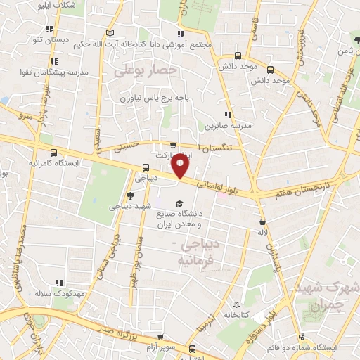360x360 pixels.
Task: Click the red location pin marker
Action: click(180, 167)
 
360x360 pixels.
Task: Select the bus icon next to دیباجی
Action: click(146, 168)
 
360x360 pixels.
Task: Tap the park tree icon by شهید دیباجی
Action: click(131, 196)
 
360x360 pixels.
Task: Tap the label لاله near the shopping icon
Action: click(263, 232)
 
